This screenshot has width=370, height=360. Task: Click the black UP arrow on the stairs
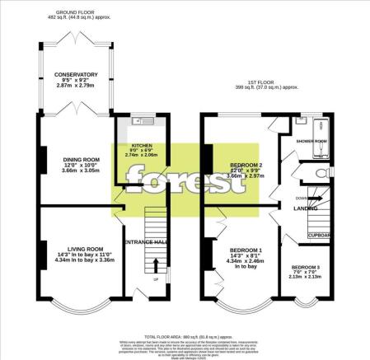pyautogui.click(x=155, y=264)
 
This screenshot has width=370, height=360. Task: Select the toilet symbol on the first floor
pyautogui.click(x=316, y=175)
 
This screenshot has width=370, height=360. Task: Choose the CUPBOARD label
pyautogui.click(x=320, y=235)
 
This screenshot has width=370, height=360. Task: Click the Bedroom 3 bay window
pyautogui.click(x=307, y=301)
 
